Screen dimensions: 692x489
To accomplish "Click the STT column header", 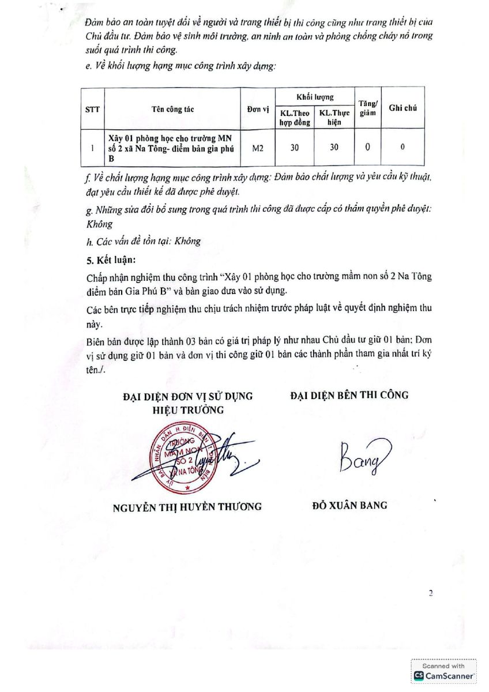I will coord(92,108).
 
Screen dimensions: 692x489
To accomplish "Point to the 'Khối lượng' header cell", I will coord(314,97).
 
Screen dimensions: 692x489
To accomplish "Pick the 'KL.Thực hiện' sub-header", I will coord(334,118).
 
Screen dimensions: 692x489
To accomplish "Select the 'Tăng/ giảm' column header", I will coord(367,107).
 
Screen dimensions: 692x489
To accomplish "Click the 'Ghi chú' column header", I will coord(403,108).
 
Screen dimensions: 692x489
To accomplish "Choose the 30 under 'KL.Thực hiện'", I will coord(334,148).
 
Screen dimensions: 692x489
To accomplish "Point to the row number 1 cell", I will coord(92,148).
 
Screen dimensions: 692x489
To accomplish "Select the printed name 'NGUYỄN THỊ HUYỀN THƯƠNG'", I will coord(187,507).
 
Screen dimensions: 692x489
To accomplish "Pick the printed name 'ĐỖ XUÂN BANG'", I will coord(349,506).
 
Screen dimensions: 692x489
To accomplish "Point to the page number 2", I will coord(430,593).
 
